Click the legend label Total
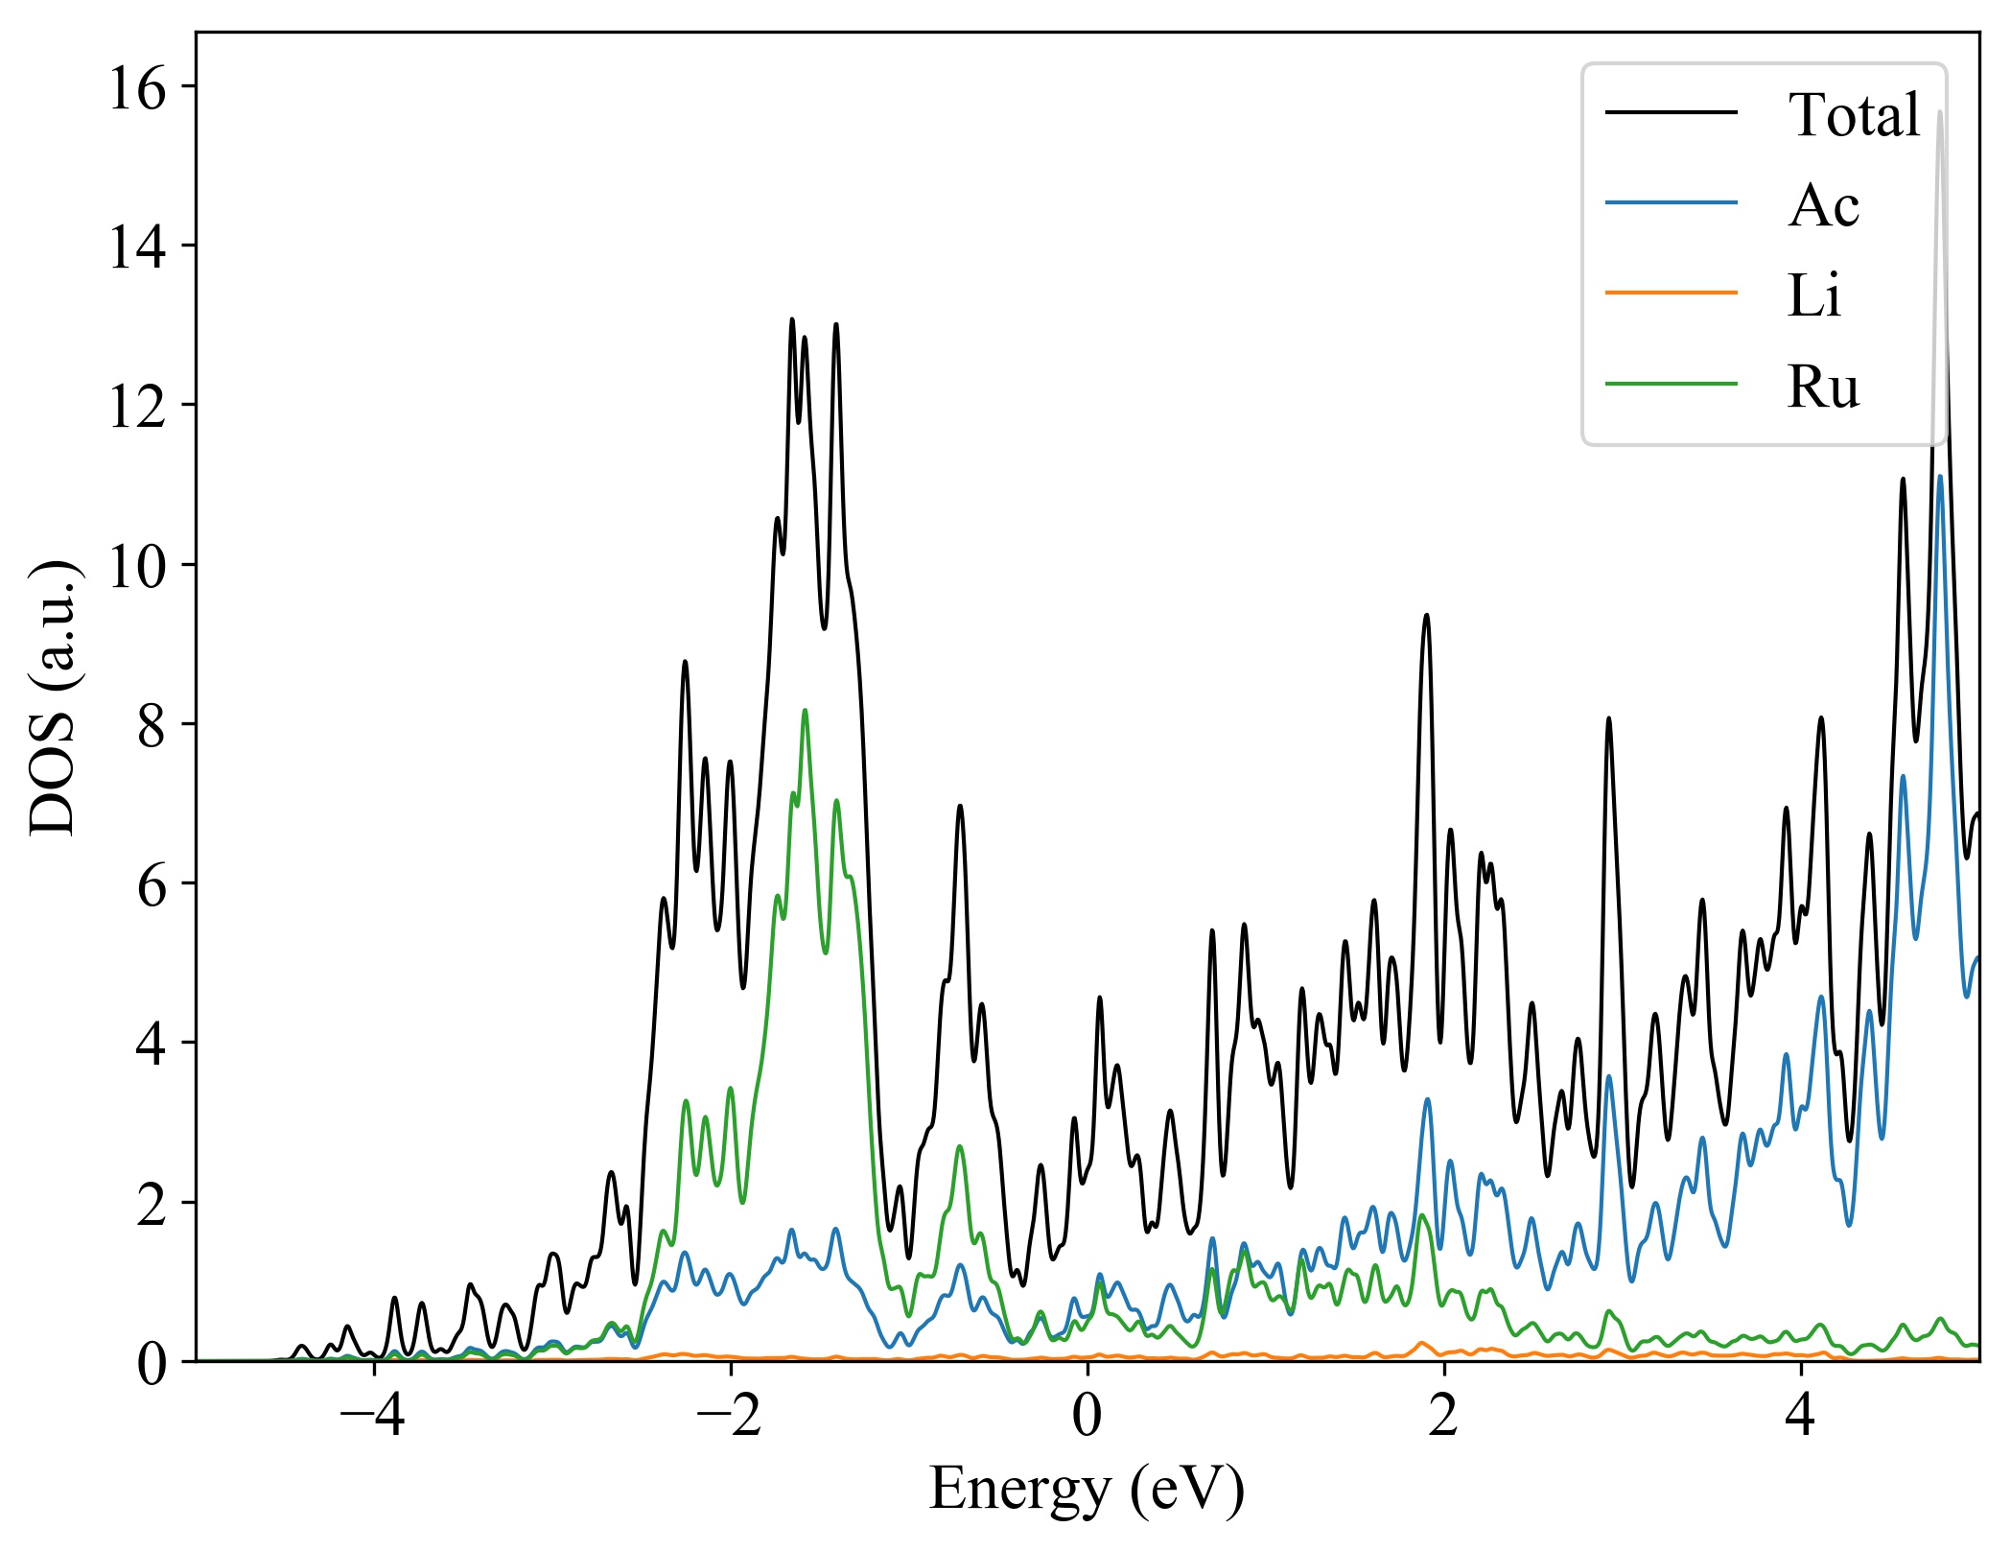tap(1854, 115)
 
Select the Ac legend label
tap(1823, 205)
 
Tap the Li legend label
tap(1813, 295)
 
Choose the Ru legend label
tap(1823, 387)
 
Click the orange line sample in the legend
tap(1671, 292)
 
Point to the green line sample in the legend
tap(1671, 383)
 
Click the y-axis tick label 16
tap(136, 89)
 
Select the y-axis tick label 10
tap(136, 567)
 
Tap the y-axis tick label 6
tap(152, 885)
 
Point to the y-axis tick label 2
tap(152, 1204)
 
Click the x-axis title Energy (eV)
tap(1087, 1490)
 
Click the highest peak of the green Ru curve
tap(805, 711)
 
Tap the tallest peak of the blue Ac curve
tap(1940, 477)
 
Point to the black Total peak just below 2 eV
tap(1426, 615)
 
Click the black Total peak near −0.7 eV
tap(960, 807)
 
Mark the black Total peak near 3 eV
tap(1609, 718)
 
